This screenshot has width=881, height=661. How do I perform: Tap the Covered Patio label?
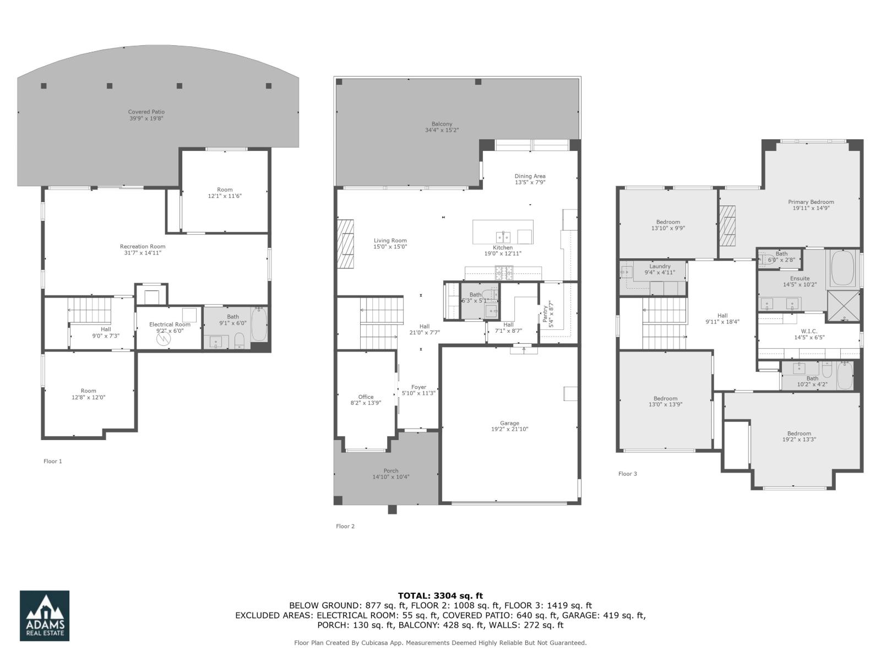pos(146,112)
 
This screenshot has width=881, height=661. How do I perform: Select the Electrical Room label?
pos(170,324)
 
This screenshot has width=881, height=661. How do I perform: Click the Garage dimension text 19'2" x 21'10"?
pos(509,429)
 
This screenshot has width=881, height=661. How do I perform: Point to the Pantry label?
pos(545,315)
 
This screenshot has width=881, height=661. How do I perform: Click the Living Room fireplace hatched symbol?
pos(345,244)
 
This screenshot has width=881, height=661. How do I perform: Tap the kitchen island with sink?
pos(503,232)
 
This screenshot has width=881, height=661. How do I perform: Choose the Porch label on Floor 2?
pos(391,470)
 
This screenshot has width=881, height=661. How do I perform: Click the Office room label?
pos(366,397)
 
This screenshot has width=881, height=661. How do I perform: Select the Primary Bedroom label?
pos(811,202)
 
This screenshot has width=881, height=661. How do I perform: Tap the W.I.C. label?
pos(809,331)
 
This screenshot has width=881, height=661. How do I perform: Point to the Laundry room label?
pos(660,266)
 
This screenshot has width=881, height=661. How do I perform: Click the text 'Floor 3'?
pos(628,474)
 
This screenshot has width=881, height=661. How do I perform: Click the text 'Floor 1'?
pos(53,461)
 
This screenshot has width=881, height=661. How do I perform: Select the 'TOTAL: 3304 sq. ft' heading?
pos(440,595)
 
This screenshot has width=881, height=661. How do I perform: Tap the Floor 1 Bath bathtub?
pos(259,326)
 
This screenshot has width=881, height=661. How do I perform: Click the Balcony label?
pos(442,124)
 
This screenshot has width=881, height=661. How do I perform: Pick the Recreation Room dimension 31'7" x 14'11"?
pos(143,253)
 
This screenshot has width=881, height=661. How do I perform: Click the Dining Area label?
pos(530,176)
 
